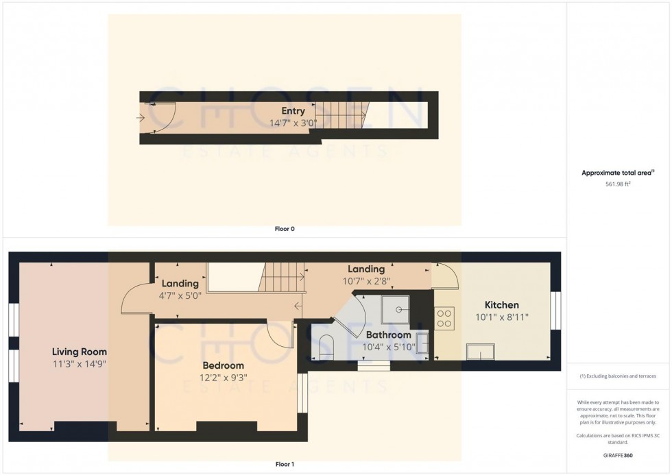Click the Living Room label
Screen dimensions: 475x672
(x=80, y=352)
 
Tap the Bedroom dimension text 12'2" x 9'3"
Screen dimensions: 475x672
(x=224, y=376)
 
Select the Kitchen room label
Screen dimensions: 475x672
(x=502, y=305)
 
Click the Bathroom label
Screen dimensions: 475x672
(x=388, y=335)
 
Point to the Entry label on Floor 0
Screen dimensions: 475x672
(x=293, y=111)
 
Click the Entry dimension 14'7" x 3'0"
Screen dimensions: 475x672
(x=293, y=123)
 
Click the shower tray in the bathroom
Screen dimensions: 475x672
(x=394, y=309)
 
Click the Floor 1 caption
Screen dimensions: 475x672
(x=284, y=465)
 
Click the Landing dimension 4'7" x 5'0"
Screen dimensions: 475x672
(x=180, y=295)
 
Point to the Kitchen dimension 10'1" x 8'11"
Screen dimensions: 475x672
(x=502, y=317)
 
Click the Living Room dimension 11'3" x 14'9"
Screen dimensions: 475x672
(x=80, y=364)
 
